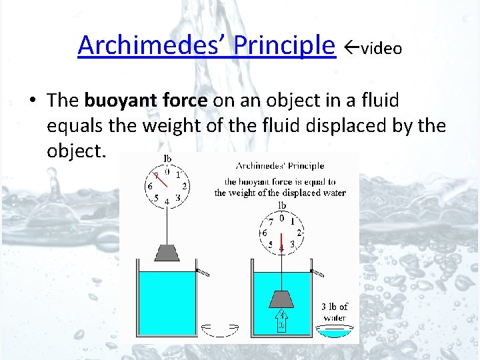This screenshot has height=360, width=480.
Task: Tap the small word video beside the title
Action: (382, 49)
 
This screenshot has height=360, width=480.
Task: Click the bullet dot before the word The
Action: (31, 101)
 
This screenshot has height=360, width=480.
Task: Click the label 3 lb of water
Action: (335, 312)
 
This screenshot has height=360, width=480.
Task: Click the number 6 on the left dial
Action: (151, 186)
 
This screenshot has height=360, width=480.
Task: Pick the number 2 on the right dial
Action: (299, 233)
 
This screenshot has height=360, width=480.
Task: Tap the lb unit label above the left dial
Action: (168, 158)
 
